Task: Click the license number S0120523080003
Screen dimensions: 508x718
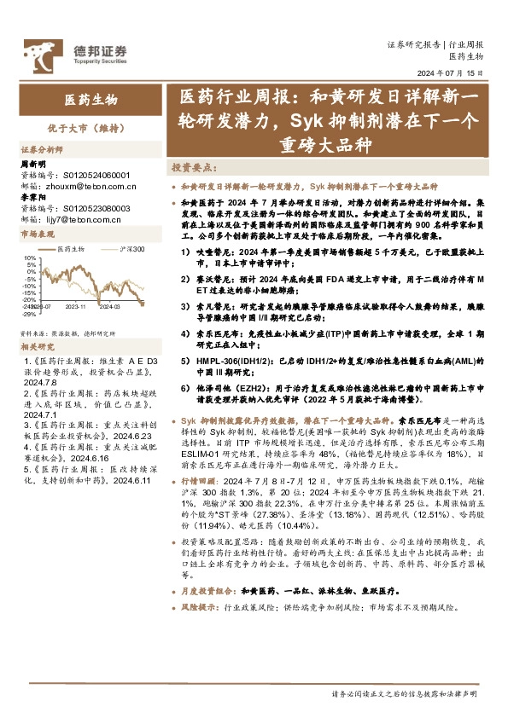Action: click(91, 206)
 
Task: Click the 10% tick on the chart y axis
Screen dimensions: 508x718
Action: click(27, 257)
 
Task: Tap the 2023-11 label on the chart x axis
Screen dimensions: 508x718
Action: click(76, 304)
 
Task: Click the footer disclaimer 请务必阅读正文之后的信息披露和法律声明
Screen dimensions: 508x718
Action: click(405, 693)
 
